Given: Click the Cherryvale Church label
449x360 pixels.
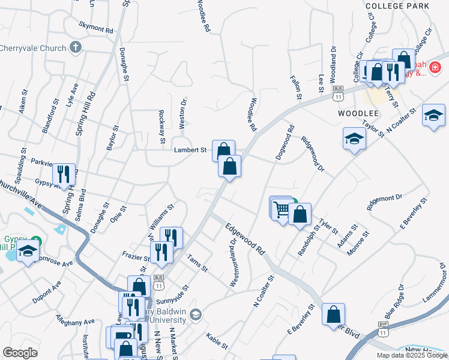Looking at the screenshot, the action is (x=33, y=47).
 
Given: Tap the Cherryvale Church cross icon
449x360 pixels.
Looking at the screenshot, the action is (x=76, y=47).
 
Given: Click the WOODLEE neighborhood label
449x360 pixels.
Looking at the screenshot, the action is (x=358, y=113).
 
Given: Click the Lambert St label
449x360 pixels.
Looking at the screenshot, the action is (x=190, y=150).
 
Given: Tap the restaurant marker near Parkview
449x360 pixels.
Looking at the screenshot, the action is (x=63, y=175).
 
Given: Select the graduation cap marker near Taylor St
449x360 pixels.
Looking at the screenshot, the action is (x=354, y=139).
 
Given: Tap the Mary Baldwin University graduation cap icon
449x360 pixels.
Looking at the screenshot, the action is (x=196, y=314).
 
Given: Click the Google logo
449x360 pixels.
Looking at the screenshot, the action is (x=20, y=353).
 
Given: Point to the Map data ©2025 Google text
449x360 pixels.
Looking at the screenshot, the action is (x=411, y=355).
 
